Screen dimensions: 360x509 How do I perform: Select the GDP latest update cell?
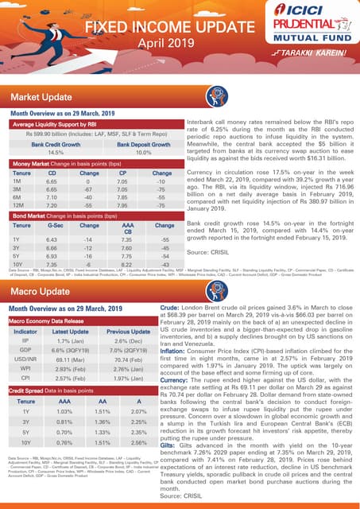click(x=70, y=350)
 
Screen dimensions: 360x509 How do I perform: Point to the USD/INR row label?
click(x=25, y=359)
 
